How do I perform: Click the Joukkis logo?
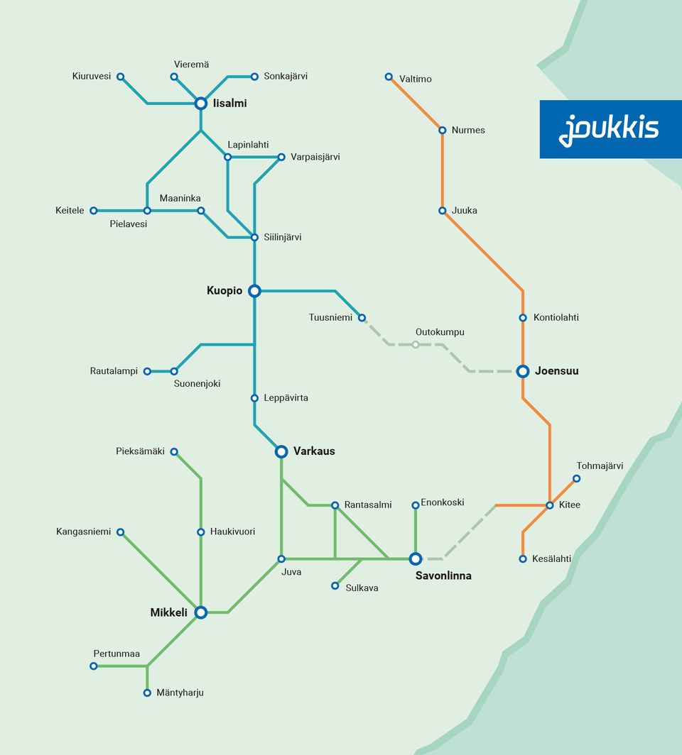click(x=609, y=129)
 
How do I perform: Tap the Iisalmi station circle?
click(x=201, y=104)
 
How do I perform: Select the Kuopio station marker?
click(x=254, y=290)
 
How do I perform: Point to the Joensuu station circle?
click(x=523, y=371)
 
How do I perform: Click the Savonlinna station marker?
click(x=416, y=559)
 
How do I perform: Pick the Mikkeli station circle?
click(x=201, y=612)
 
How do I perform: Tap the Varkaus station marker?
click(x=281, y=451)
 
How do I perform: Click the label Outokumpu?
click(x=440, y=331)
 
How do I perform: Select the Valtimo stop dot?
click(x=389, y=77)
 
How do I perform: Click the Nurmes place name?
click(x=468, y=130)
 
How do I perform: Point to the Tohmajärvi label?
click(x=600, y=466)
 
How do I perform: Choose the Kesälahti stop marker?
click(x=523, y=559)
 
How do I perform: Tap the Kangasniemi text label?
click(x=84, y=531)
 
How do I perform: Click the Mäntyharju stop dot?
click(x=147, y=693)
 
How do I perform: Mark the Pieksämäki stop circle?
click(x=174, y=451)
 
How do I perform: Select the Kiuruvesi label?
click(x=92, y=76)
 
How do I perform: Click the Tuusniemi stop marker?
click(x=362, y=318)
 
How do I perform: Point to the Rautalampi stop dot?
click(x=147, y=371)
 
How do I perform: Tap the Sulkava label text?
click(x=362, y=588)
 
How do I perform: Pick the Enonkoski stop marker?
click(x=416, y=505)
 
